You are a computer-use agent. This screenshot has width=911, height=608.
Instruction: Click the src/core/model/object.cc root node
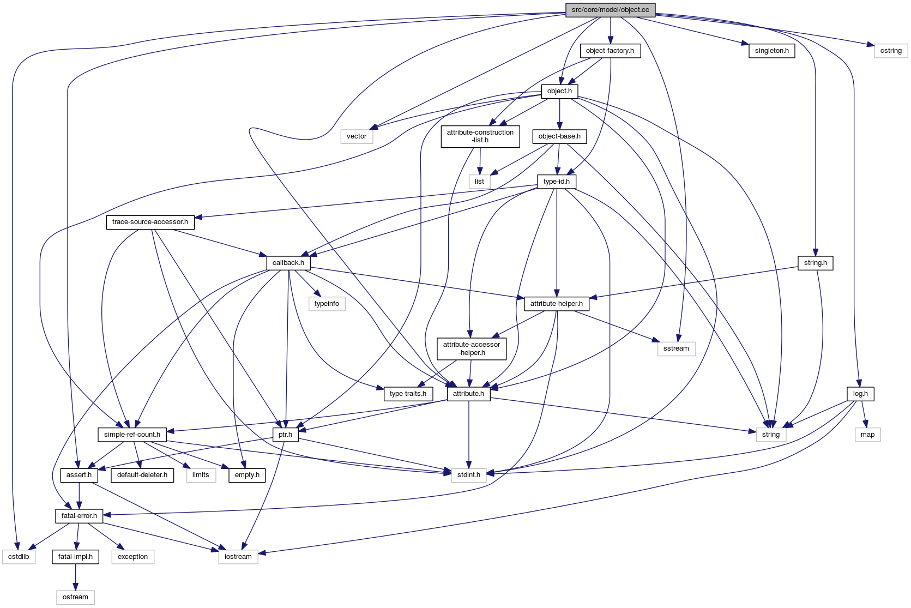(610, 10)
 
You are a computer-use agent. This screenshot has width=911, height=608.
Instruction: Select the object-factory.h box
(610, 51)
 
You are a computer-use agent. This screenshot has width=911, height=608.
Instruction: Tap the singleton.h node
(771, 51)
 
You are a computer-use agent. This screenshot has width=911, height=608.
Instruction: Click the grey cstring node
(891, 51)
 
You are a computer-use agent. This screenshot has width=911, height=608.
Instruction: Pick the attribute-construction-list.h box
(480, 136)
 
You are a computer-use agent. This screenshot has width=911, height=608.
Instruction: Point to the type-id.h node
(556, 182)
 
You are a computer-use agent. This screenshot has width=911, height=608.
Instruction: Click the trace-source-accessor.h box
(150, 222)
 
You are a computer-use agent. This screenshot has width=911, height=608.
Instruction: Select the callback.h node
(288, 263)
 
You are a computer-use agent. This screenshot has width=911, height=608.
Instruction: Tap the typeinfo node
(327, 304)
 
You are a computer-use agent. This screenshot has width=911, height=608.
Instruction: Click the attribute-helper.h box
(556, 304)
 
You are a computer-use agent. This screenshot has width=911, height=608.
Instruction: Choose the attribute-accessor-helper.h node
(471, 348)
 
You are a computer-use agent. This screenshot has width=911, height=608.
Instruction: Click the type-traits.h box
(408, 394)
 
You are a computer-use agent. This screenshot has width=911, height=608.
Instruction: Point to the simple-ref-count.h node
(132, 435)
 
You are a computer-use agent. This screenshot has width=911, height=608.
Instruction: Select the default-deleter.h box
(142, 475)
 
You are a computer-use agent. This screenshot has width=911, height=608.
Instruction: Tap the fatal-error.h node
(79, 516)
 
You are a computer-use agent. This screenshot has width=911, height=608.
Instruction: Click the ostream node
(75, 597)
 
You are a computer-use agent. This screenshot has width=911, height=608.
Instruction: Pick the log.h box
(860, 394)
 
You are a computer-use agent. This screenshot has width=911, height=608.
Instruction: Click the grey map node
(867, 435)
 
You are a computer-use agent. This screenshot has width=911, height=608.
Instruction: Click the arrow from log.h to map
(864, 414)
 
